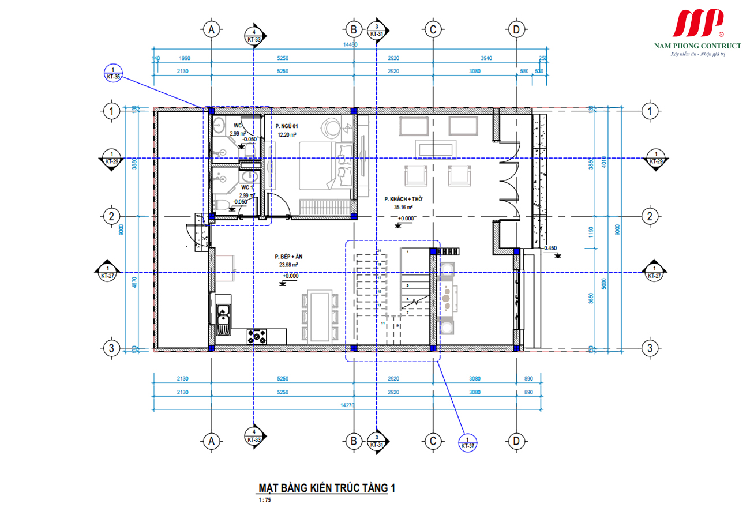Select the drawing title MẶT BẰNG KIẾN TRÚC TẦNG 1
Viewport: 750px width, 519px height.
pos(327,488)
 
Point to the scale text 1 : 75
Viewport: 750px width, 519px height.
pos(265,500)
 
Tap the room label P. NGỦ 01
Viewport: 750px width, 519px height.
pos(287,126)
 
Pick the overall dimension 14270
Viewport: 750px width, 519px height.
pos(347,405)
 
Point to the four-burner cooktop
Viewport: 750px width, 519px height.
pos(257,334)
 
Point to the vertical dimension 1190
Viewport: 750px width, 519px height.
pos(590,233)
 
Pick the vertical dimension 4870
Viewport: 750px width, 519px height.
pos(135,283)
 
